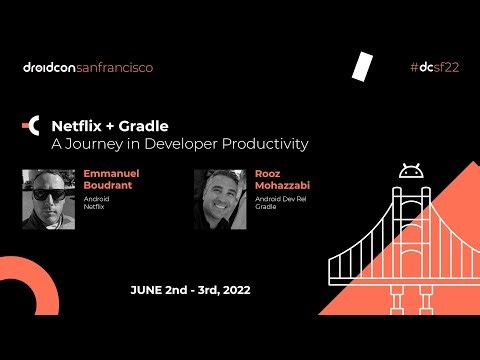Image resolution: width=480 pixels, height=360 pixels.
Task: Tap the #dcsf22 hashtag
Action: pyautogui.click(x=434, y=68)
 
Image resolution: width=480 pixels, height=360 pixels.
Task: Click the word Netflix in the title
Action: pyautogui.click(x=80, y=126)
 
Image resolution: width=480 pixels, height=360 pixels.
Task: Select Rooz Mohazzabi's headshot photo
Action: pyautogui.click(x=220, y=199)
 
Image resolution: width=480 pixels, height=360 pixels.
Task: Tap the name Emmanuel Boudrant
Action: pyautogui.click(x=113, y=180)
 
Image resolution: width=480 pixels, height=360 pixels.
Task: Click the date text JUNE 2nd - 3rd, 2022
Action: pyautogui.click(x=190, y=290)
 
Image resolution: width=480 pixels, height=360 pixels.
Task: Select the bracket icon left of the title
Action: pyautogui.click(x=33, y=126)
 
